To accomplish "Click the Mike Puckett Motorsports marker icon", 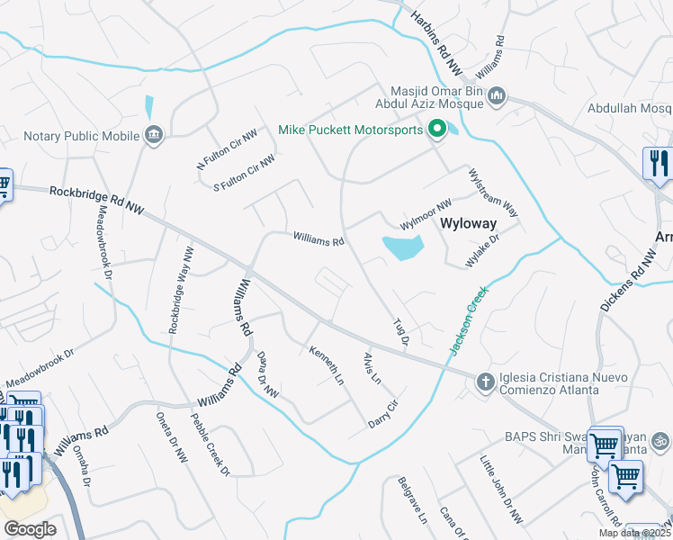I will click(437, 130).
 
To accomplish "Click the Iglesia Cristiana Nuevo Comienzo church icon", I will click(485, 382).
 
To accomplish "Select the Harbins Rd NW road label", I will click(436, 41).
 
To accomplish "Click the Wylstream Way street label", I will click(494, 192).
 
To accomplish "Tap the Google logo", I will click(30, 529).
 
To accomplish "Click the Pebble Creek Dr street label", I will click(210, 444).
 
